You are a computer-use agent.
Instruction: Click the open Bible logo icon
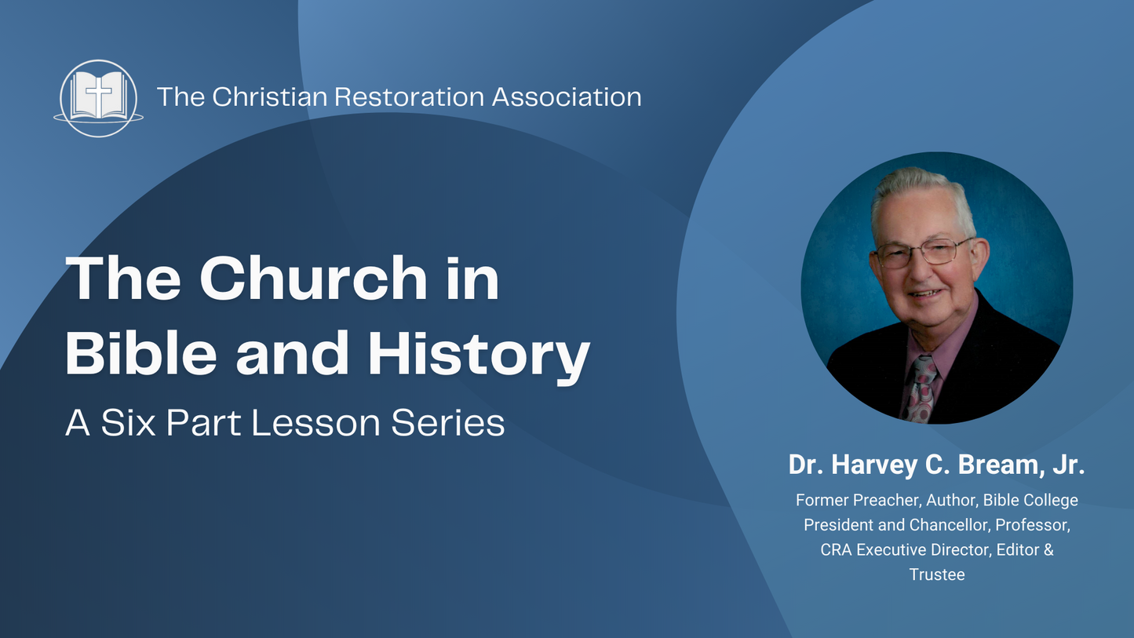coord(98,98)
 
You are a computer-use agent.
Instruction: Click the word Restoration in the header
coord(408,97)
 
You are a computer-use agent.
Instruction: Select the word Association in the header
coord(567,97)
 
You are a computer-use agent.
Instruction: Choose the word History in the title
coord(479,355)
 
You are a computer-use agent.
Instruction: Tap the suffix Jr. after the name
coord(1067,465)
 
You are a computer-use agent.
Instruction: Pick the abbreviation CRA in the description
coord(837,549)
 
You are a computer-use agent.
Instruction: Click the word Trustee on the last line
coord(937,574)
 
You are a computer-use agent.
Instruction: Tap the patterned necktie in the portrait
coord(920,386)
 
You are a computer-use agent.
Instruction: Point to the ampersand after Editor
coord(1048,549)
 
